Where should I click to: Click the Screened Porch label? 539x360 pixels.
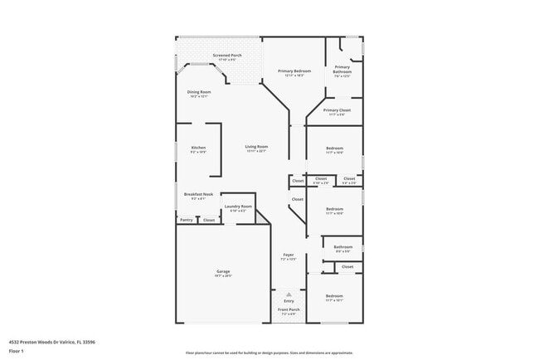[226, 56]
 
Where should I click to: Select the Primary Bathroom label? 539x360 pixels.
[342, 70]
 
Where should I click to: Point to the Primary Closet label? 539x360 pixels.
[337, 110]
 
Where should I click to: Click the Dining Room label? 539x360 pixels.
[199, 92]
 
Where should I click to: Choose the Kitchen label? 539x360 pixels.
[198, 148]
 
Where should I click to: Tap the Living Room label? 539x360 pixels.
[256, 147]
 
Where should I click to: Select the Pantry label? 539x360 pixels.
[187, 220]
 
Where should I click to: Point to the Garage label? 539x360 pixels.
[223, 271]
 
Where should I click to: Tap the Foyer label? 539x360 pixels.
[289, 255]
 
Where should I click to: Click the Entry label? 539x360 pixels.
[289, 301]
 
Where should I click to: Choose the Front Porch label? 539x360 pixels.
[289, 312]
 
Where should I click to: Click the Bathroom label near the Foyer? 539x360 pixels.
[343, 246]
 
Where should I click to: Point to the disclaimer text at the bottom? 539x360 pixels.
[269, 353]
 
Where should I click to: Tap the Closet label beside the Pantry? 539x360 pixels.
[209, 220]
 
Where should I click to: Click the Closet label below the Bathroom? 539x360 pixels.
[347, 266]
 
